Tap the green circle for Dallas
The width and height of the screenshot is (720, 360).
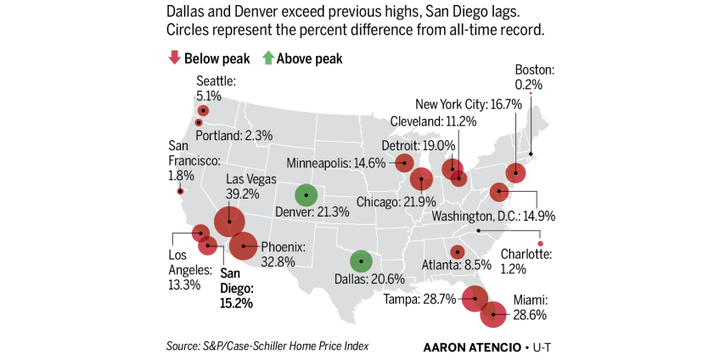pos(361,262)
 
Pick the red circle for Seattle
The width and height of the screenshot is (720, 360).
pos(203,110)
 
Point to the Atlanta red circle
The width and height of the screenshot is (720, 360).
pos(457,251)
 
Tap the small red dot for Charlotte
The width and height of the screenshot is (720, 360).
pos(540,244)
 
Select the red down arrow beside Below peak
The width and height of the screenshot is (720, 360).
pos(175,59)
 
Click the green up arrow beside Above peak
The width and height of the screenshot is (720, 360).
pos(267,59)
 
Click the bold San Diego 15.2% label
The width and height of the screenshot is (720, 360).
pos(237,288)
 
